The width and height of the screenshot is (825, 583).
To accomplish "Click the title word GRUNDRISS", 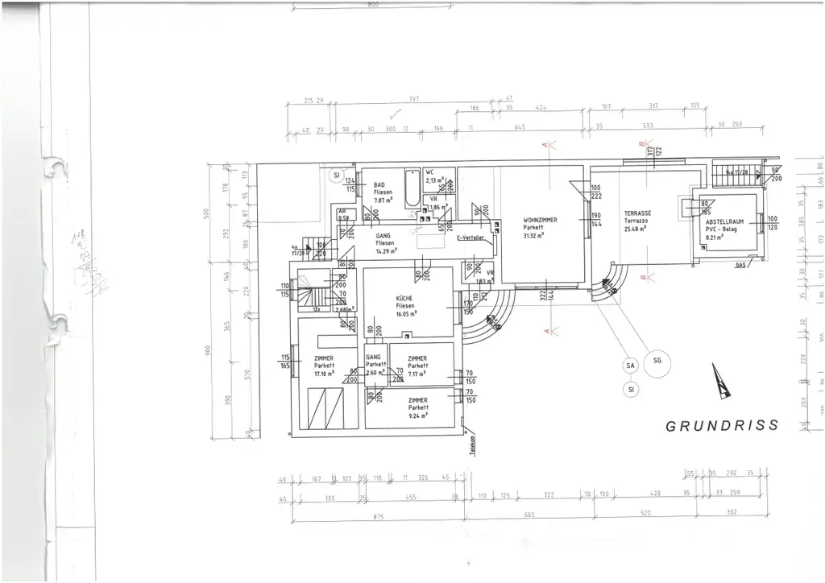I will click(722, 425).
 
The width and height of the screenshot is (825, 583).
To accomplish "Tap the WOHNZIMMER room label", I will click(541, 219).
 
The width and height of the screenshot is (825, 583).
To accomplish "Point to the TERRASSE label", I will click(636, 213).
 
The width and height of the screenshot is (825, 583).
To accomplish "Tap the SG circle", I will click(657, 360).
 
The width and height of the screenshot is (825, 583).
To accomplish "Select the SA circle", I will click(630, 366).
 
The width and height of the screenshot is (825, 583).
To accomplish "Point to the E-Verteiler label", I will click(469, 238).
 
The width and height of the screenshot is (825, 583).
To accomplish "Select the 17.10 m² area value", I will click(325, 374).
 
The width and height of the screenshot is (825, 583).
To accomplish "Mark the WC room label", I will click(431, 173).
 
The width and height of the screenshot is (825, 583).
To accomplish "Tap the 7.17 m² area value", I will click(417, 374).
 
